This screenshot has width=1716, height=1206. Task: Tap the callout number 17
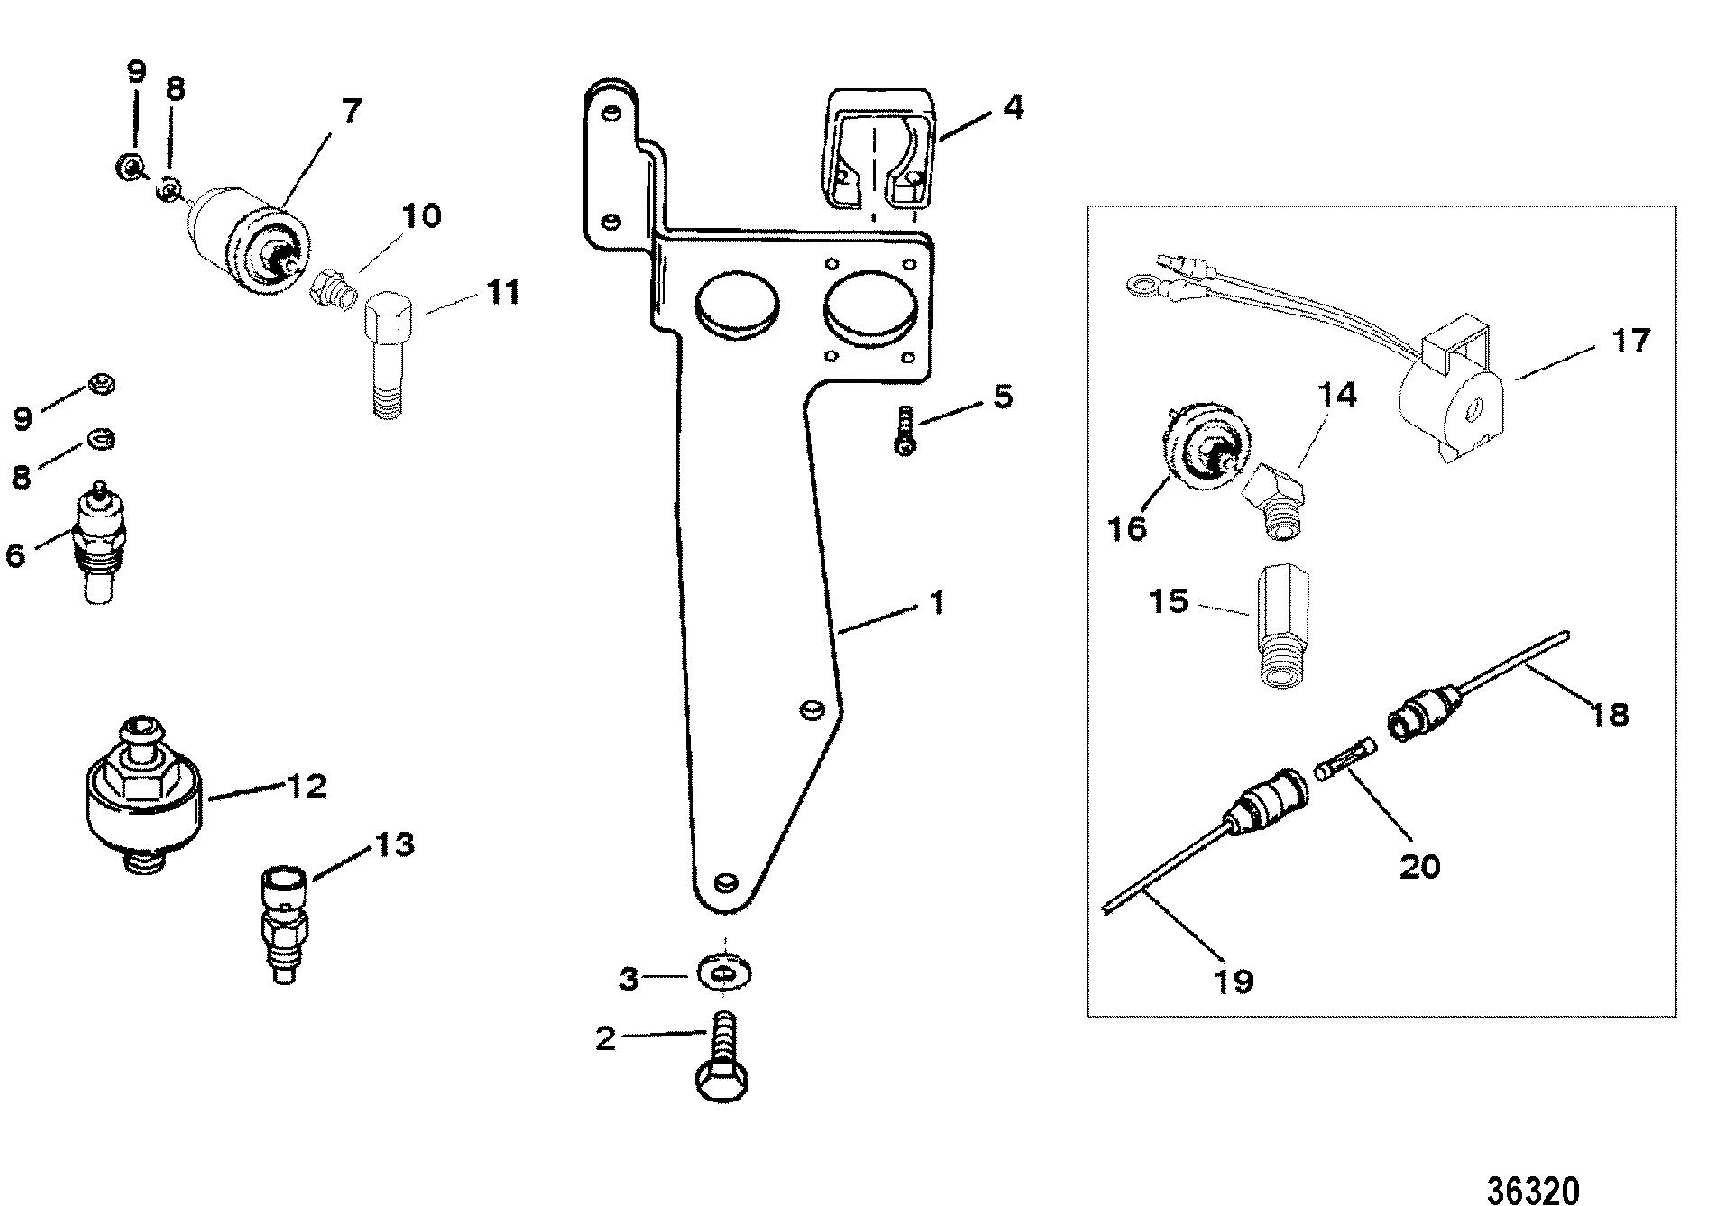click(x=1630, y=342)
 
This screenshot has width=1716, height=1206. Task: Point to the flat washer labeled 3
click(x=725, y=974)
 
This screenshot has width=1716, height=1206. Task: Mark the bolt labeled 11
click(x=390, y=359)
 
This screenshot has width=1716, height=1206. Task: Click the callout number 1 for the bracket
click(x=938, y=602)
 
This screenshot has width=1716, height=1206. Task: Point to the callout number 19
click(x=1234, y=979)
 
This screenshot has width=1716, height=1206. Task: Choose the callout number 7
click(x=351, y=113)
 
